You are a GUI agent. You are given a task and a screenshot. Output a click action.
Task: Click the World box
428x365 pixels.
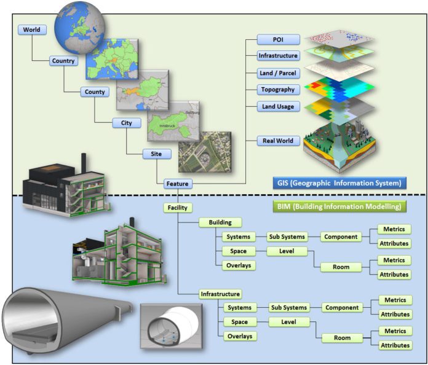(31, 29)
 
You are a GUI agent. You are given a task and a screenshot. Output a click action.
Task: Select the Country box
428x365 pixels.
(63, 61)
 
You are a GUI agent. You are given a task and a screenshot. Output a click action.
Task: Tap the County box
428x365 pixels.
(95, 92)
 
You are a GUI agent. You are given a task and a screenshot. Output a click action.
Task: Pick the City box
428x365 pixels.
(126, 123)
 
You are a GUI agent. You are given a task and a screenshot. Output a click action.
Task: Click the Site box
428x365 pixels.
(156, 154)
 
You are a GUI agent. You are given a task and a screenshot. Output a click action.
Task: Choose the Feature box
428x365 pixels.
(178, 183)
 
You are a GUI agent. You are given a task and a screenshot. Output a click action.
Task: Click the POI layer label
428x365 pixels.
(278, 39)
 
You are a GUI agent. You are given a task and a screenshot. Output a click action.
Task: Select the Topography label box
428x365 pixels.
(278, 90)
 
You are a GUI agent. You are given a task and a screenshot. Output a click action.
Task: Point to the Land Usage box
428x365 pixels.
(278, 106)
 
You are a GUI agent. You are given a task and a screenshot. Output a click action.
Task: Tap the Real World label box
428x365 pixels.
(278, 141)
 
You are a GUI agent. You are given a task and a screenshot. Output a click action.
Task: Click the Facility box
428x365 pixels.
(178, 208)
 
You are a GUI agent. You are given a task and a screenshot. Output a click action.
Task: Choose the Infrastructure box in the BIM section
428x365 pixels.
(220, 294)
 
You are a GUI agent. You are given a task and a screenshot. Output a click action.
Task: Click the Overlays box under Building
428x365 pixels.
(238, 265)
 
